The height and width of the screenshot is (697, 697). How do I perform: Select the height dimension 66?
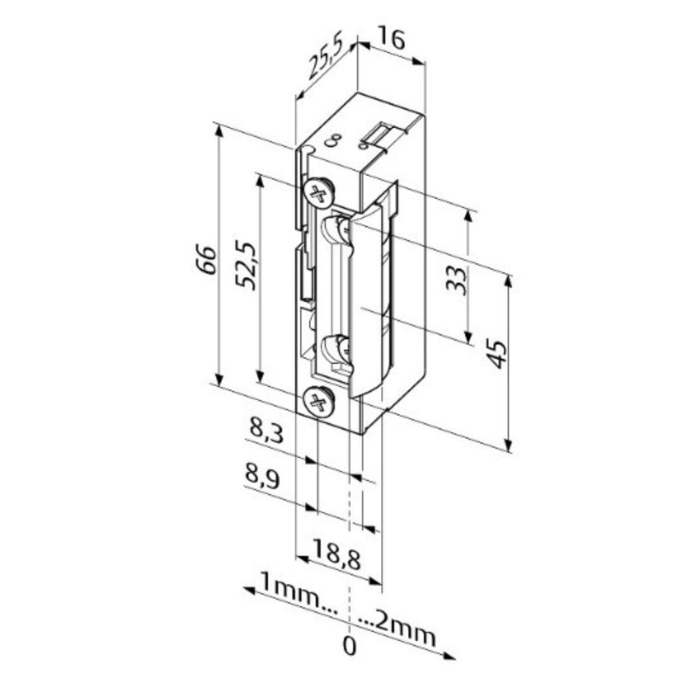coord(209,260)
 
